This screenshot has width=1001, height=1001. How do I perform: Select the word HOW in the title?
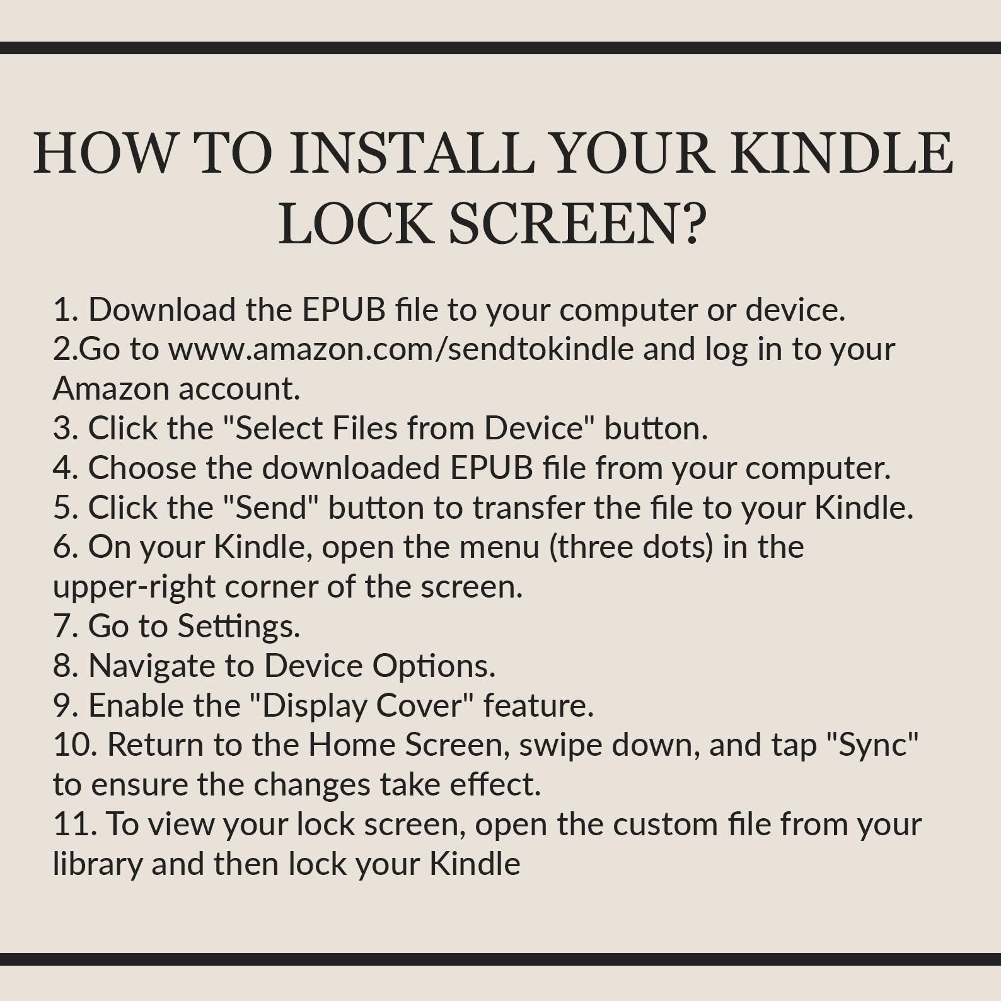point(105,153)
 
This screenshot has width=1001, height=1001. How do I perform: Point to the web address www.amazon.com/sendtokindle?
point(401,349)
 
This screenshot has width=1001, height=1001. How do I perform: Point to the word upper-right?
point(134,587)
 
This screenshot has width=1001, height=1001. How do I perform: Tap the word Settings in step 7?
point(238,627)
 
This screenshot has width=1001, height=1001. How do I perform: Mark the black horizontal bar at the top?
point(500,48)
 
